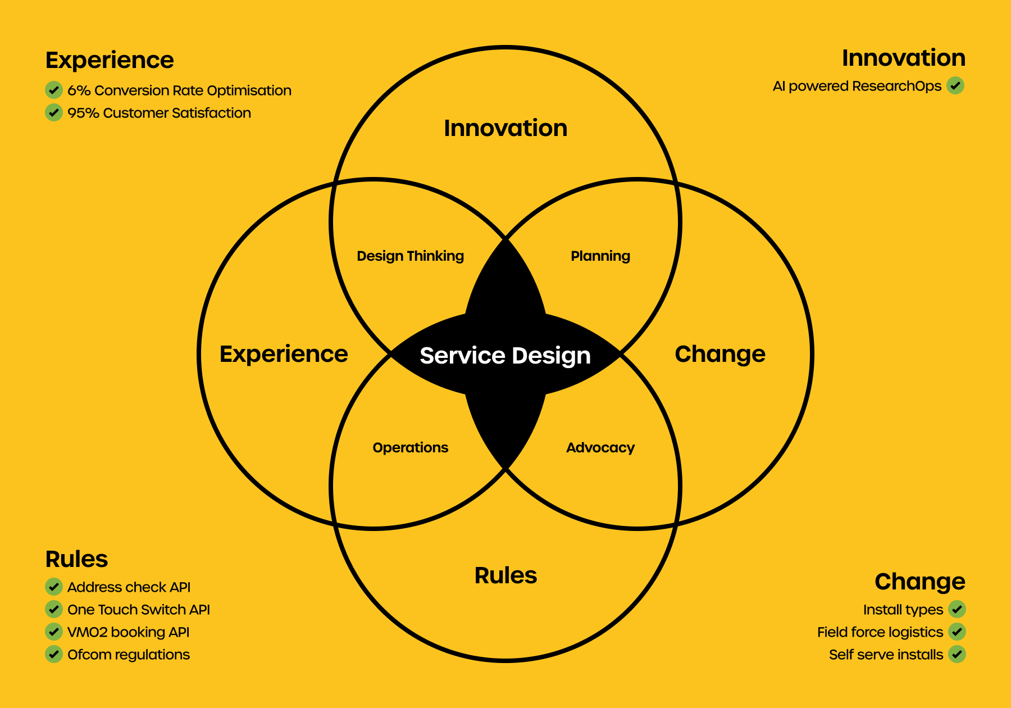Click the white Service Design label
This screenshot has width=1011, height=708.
(x=505, y=356)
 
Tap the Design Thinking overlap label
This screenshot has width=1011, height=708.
(x=410, y=256)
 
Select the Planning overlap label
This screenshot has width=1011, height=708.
(x=600, y=256)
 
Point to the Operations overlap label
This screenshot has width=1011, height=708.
(x=411, y=448)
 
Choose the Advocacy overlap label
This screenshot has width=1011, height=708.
(x=600, y=448)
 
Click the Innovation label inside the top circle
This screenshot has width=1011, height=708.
(x=505, y=128)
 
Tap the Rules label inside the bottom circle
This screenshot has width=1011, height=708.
(x=505, y=575)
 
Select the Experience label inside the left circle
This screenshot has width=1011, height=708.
(x=284, y=355)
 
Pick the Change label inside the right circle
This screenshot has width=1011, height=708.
(x=720, y=355)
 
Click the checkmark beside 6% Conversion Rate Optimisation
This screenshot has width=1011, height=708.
(x=54, y=90)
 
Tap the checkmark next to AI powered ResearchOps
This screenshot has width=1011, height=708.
(x=955, y=85)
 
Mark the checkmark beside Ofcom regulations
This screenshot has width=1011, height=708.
(x=54, y=654)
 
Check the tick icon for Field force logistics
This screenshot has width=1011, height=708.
(x=957, y=632)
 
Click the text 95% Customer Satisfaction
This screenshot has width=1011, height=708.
(x=159, y=113)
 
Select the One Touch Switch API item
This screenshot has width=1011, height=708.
(x=139, y=610)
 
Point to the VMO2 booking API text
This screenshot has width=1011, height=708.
(x=128, y=632)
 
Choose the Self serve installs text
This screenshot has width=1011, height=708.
(x=886, y=655)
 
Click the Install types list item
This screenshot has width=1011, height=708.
(x=903, y=610)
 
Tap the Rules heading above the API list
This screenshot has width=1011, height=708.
(x=76, y=559)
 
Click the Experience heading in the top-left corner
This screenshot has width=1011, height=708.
(x=110, y=60)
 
